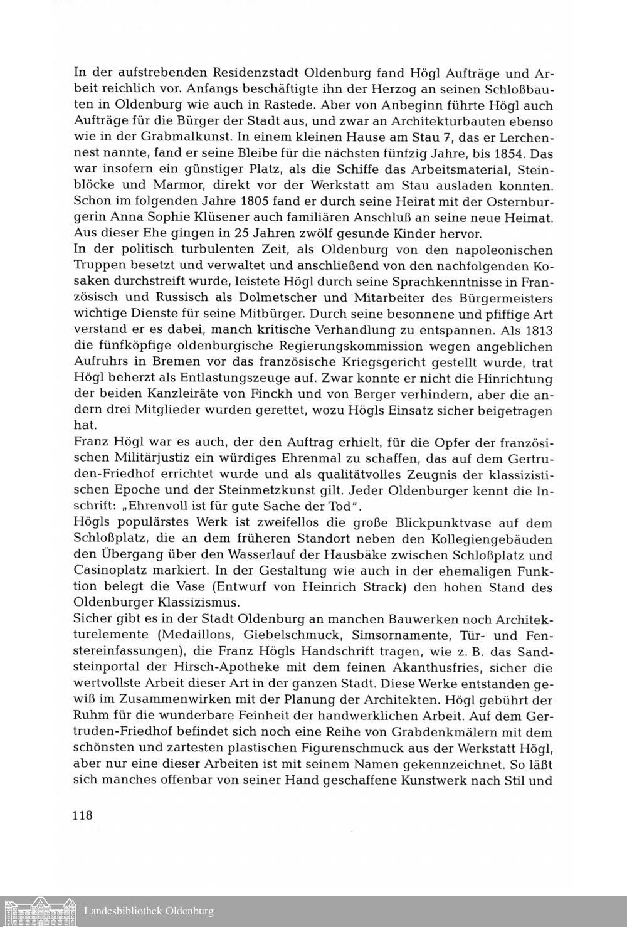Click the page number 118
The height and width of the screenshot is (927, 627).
pyautogui.click(x=83, y=815)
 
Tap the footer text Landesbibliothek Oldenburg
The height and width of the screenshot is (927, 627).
pyautogui.click(x=149, y=911)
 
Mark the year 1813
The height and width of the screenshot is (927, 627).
pyautogui.click(x=535, y=330)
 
